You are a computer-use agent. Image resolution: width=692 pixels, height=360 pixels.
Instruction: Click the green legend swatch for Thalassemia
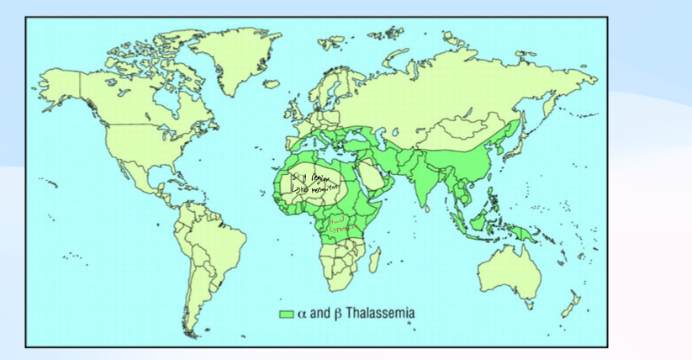coord(286,314)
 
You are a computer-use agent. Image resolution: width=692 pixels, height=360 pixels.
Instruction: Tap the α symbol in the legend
coord(301,314)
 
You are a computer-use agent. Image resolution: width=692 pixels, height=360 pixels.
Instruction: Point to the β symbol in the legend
coord(338,314)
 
